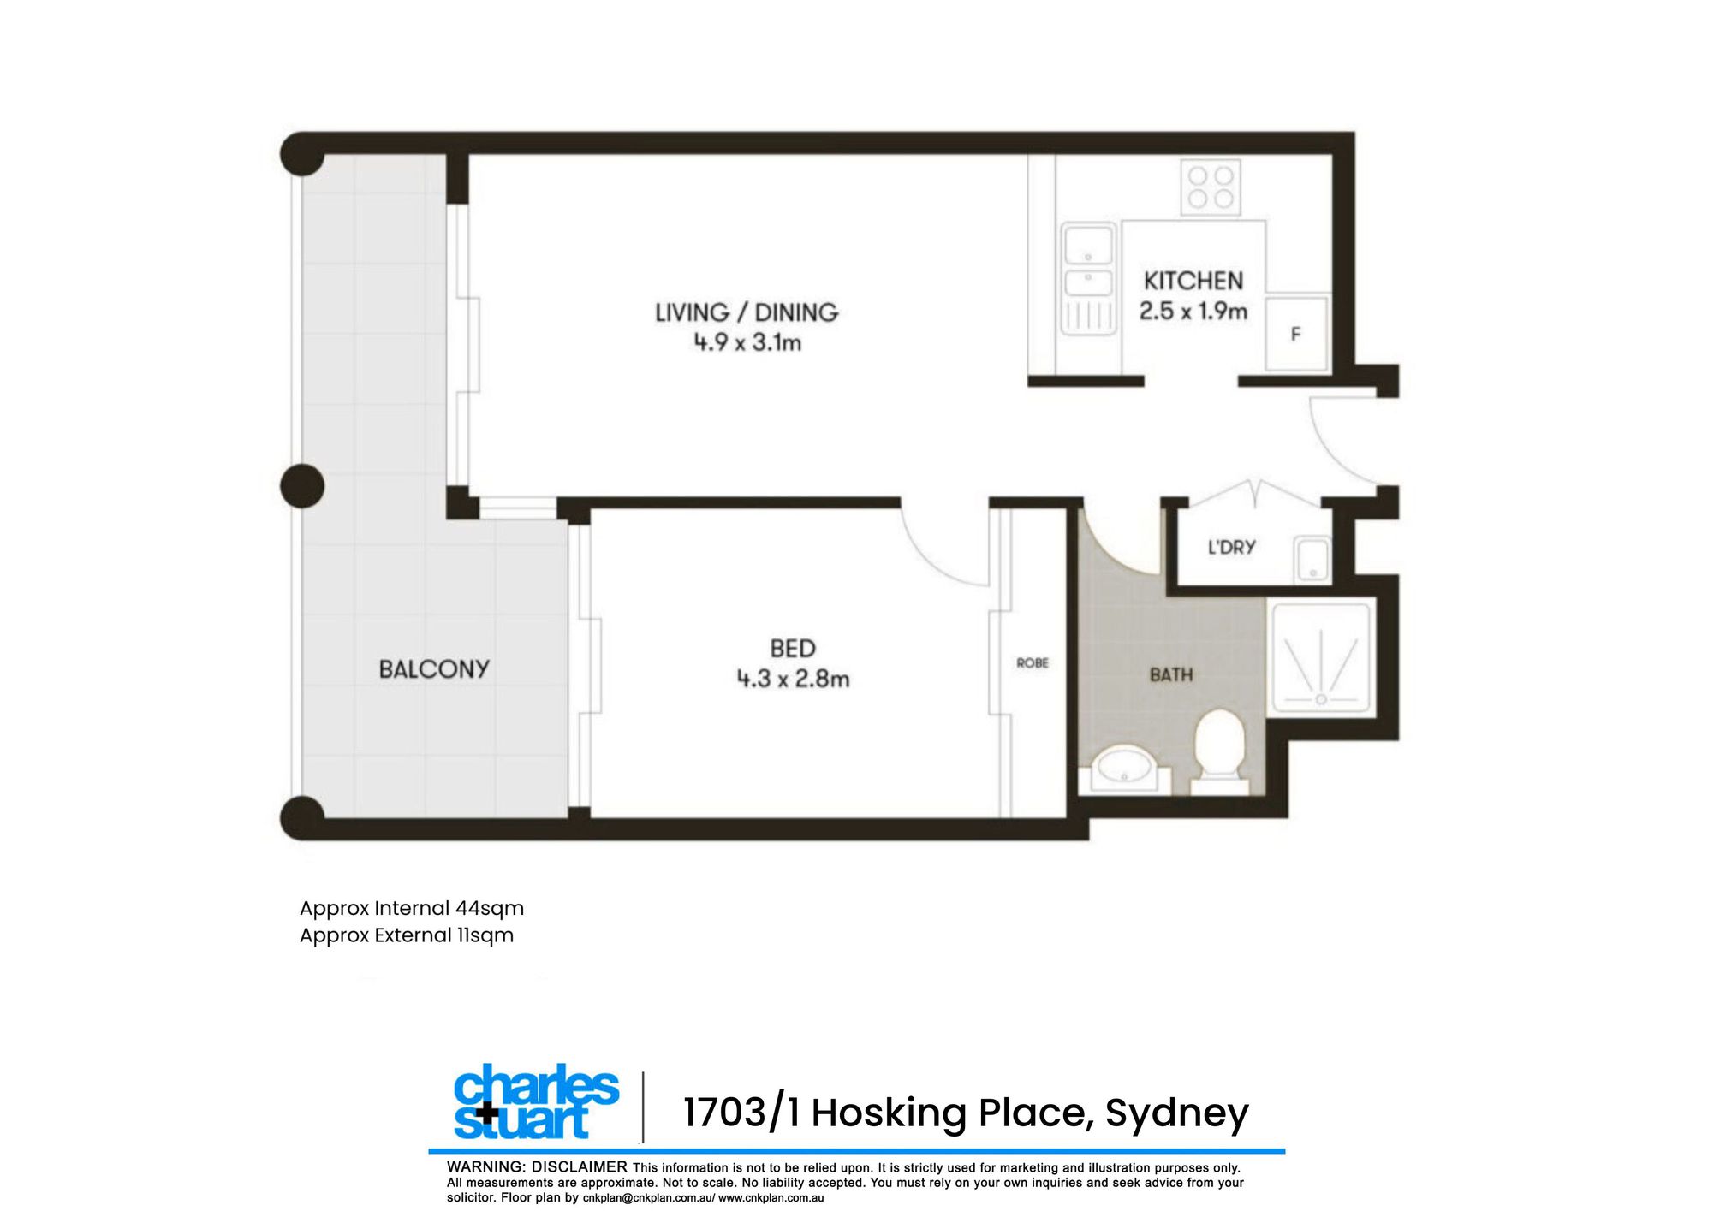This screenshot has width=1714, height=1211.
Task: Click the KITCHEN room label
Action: coord(1193,281)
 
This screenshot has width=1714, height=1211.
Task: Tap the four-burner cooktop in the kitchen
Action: coord(1211,187)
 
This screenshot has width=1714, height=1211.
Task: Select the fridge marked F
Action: coord(1296,334)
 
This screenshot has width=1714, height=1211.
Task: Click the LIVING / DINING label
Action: coord(747,312)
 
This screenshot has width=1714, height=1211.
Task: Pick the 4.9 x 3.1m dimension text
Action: coord(747,342)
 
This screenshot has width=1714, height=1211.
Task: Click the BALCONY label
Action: coord(434,669)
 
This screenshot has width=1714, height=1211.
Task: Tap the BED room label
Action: coord(793,648)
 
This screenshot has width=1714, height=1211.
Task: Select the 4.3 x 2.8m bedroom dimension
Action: coord(793,679)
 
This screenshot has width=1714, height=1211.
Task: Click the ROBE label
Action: coord(1033,662)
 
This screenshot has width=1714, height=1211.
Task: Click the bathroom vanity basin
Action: coord(1124,767)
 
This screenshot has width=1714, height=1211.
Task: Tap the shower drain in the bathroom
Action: coord(1321,699)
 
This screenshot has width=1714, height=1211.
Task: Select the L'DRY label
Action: coord(1231,547)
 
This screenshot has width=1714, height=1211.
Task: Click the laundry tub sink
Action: coord(1312,559)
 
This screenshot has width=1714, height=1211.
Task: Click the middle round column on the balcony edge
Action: coord(302,486)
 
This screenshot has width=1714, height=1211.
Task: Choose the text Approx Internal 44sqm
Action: coord(412,909)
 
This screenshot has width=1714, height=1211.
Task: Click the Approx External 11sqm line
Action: coord(407,935)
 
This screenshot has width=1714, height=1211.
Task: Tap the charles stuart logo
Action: coord(536,1102)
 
